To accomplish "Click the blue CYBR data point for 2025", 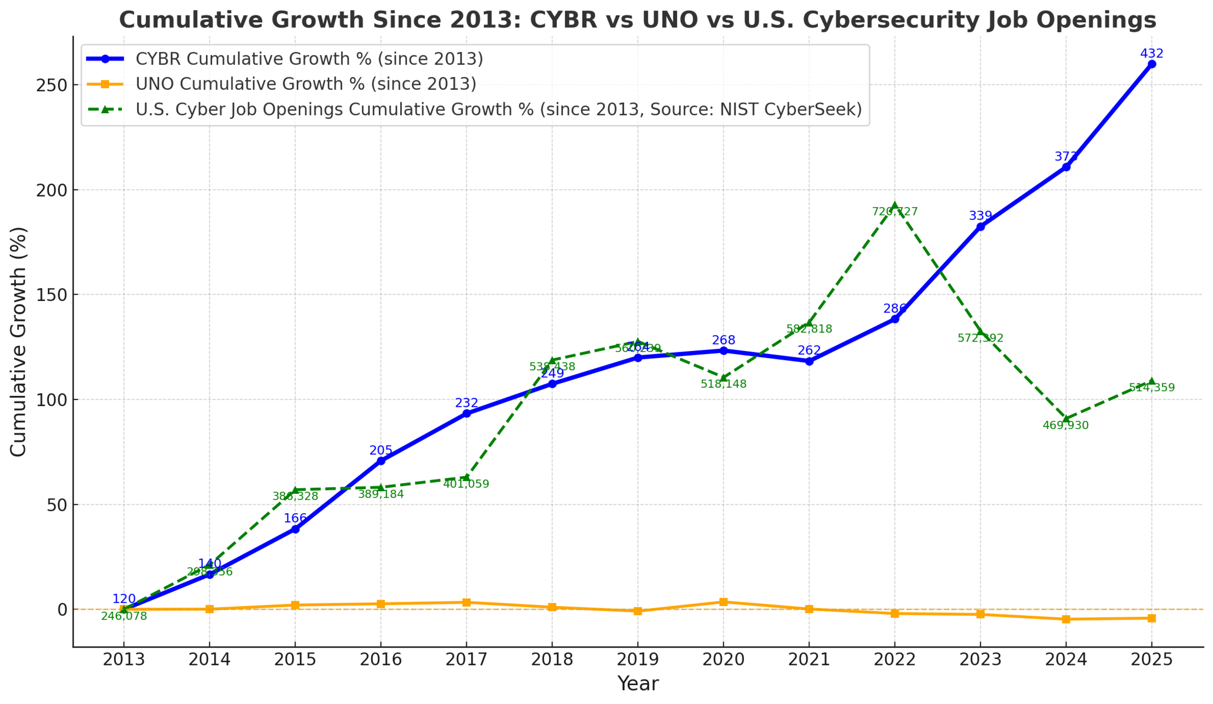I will [1151, 64].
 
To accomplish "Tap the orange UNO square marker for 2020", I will [723, 602].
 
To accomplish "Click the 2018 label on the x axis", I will [552, 660].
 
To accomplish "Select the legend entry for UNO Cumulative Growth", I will [305, 84].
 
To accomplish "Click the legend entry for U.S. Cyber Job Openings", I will [498, 110].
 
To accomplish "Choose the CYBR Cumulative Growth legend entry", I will [309, 59].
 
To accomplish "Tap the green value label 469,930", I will [1065, 426].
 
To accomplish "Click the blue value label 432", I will [1151, 54].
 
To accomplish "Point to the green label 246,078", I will [124, 616].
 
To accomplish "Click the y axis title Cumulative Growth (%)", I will [18, 342].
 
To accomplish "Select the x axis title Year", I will [638, 684].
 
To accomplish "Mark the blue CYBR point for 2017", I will [467, 414].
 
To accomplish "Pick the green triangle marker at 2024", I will [1066, 419].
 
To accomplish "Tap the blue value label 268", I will [723, 340].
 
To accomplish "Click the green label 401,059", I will [466, 484].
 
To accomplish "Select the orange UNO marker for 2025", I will [1151, 618].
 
